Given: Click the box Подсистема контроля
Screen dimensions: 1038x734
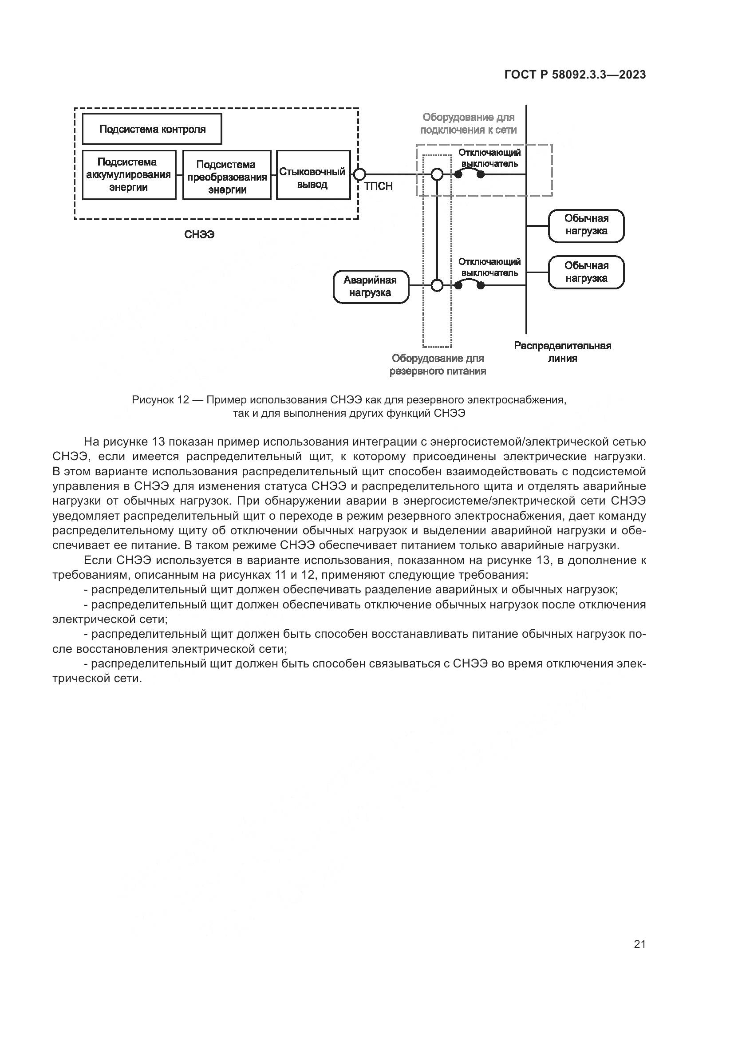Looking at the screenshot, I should [152, 129].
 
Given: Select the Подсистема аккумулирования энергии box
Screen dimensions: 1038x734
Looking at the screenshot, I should [129, 175].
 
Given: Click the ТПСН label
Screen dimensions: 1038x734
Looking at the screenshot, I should [378, 187].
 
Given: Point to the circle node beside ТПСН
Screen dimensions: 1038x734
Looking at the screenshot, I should [359, 174].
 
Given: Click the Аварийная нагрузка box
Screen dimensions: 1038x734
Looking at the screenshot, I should [371, 287].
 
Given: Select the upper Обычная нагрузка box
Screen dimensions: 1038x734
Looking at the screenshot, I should [586, 225].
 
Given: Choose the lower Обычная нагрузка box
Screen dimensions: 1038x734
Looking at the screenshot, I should [586, 272].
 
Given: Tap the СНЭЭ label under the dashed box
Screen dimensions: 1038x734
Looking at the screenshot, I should [199, 235].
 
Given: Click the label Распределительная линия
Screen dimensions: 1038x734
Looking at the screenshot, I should [562, 352].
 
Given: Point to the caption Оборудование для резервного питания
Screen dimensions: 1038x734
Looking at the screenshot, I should [438, 365].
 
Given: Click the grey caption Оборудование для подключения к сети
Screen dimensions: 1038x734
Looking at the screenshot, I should [468, 123].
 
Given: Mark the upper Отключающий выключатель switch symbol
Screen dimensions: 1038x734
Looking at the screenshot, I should [469, 174].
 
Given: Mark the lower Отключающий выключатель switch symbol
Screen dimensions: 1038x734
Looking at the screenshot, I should [469, 285].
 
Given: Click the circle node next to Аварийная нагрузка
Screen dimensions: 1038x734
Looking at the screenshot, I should [437, 286].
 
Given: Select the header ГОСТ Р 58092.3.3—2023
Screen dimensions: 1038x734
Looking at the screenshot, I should [575, 75].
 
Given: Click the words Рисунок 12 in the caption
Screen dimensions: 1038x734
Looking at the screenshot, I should [160, 400].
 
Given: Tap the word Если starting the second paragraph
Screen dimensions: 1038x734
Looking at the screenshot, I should [97, 560].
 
